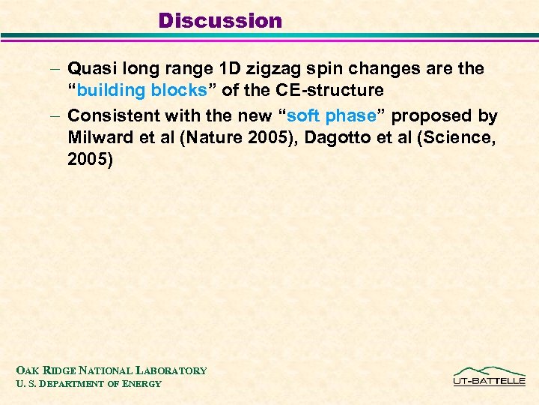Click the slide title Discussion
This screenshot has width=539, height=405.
point(220,20)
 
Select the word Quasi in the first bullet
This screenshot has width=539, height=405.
point(89,68)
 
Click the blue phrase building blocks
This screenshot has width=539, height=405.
point(142,91)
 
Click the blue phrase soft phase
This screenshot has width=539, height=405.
point(331,116)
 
